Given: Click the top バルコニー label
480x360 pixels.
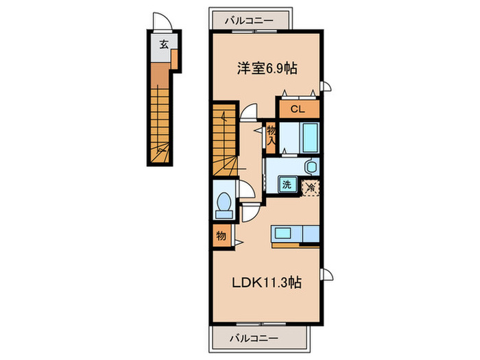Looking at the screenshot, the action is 249,21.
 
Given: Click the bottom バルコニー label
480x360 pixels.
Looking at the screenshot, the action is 254,338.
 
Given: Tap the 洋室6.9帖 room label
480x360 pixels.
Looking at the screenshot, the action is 267,68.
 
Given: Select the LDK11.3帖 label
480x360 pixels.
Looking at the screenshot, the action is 266,283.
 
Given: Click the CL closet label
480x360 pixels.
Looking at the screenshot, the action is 298,109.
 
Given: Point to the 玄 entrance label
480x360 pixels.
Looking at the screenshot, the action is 164,45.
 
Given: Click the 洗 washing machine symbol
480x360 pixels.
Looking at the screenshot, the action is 287,184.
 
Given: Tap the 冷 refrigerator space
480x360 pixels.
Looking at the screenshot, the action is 311,188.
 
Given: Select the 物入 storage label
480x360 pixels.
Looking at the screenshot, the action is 272,136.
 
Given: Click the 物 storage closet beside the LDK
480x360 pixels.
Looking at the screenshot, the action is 221,236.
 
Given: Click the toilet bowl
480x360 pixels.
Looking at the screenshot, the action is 224,202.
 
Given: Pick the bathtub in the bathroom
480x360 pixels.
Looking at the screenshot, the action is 311,137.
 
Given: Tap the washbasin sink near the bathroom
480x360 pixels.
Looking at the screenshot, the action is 311,167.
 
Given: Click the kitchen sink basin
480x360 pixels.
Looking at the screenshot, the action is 283,234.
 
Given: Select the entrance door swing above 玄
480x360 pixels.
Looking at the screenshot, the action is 163,21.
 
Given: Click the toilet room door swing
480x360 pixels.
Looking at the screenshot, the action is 247,189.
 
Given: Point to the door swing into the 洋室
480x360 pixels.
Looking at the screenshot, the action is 248,111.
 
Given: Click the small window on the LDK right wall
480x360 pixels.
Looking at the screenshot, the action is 326,274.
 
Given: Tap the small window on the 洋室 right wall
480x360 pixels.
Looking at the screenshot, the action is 326,86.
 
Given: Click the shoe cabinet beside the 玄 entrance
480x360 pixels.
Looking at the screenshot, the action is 174,59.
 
